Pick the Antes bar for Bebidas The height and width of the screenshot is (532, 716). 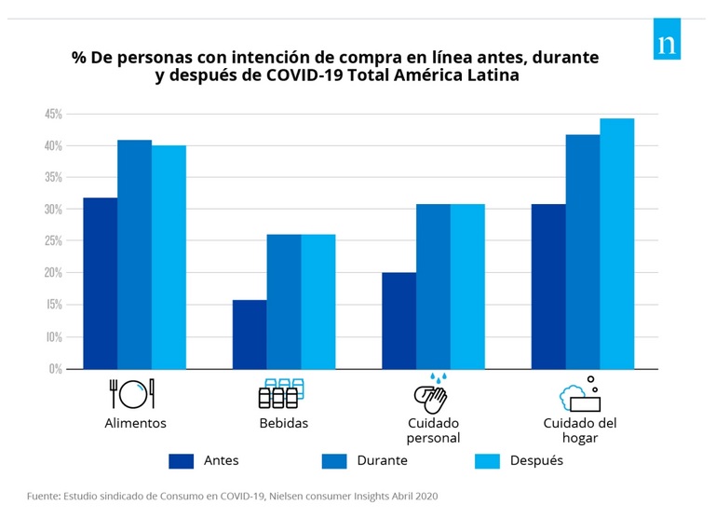pyautogui.click(x=250, y=334)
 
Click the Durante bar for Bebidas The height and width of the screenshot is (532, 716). pyautogui.click(x=284, y=302)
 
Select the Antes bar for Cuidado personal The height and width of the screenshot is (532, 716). pyautogui.click(x=399, y=321)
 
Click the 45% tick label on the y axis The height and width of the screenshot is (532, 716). pyautogui.click(x=52, y=114)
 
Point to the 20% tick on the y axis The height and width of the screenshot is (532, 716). pyautogui.click(x=52, y=273)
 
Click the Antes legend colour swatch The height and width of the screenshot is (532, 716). pyautogui.click(x=182, y=460)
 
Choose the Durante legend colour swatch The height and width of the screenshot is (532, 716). pyautogui.click(x=333, y=460)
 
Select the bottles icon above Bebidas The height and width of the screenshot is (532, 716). pyautogui.click(x=279, y=393)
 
